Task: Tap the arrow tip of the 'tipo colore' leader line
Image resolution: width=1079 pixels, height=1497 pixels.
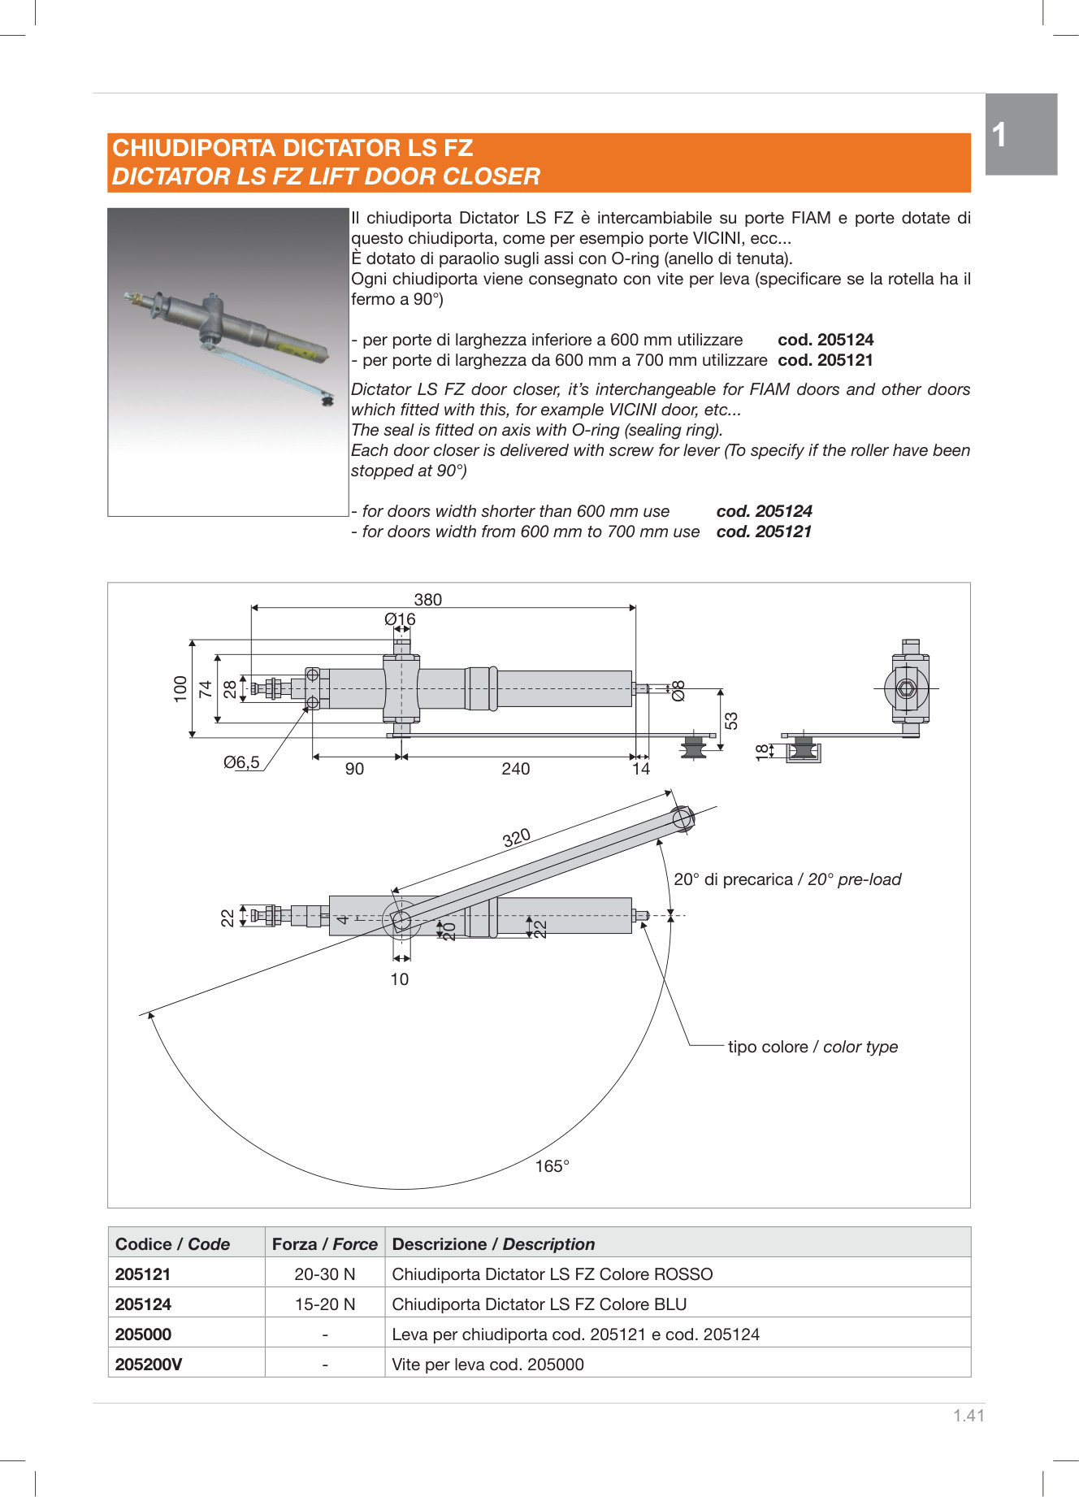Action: [x=642, y=923]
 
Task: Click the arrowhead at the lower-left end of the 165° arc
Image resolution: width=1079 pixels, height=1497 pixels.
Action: [x=149, y=1013]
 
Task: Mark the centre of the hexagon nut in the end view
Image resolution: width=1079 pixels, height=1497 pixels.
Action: [x=907, y=688]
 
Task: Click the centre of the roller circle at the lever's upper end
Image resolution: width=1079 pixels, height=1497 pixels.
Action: [x=682, y=818]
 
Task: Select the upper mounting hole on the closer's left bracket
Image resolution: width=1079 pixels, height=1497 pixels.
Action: [x=312, y=674]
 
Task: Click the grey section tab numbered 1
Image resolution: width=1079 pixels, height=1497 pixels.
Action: [x=1021, y=134]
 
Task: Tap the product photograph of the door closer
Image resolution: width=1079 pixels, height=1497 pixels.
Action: [x=228, y=362]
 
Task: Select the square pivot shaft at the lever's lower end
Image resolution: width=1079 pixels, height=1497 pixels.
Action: [x=401, y=921]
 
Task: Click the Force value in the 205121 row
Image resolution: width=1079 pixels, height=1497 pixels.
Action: [x=325, y=1274]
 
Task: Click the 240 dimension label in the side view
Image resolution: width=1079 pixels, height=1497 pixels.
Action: [x=516, y=769]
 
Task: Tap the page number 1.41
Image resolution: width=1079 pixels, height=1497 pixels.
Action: [x=968, y=1416]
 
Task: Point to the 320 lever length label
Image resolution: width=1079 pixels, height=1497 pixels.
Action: [x=517, y=838]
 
